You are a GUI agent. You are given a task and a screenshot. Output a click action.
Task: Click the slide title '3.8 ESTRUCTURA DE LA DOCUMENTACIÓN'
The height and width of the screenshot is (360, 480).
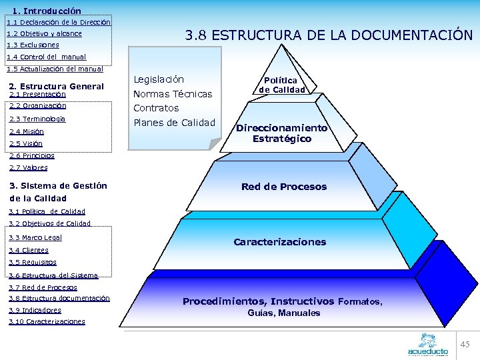click(329, 35)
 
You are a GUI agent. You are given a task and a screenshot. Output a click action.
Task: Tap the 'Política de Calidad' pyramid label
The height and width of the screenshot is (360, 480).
click(282, 85)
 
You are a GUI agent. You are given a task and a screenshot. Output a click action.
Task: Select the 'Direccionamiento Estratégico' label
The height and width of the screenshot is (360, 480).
click(281, 133)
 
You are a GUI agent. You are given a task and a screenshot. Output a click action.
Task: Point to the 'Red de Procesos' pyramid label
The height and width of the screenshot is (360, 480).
click(284, 187)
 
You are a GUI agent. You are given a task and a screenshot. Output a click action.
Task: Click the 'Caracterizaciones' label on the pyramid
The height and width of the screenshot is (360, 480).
click(280, 242)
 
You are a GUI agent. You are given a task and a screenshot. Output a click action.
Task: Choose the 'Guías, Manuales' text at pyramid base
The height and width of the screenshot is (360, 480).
click(284, 313)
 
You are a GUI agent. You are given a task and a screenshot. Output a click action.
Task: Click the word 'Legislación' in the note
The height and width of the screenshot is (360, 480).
click(159, 79)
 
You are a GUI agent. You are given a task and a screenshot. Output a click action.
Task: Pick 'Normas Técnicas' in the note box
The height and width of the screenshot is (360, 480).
click(173, 94)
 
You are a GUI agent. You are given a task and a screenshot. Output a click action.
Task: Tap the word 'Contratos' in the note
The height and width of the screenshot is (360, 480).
click(156, 108)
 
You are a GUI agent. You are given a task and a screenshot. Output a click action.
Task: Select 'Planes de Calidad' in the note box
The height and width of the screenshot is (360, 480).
click(175, 123)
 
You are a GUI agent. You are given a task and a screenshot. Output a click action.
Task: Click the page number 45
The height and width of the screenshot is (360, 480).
click(465, 344)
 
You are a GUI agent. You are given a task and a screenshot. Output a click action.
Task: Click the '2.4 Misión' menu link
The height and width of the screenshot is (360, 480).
click(27, 131)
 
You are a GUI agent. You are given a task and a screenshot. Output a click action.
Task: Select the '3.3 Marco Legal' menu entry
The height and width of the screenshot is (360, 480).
click(35, 237)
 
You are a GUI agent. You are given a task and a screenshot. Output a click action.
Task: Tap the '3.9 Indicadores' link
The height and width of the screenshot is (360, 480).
click(35, 310)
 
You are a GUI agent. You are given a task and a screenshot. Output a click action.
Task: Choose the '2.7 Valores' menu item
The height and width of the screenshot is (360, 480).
click(29, 168)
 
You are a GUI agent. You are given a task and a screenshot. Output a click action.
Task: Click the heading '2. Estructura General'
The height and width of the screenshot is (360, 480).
click(56, 86)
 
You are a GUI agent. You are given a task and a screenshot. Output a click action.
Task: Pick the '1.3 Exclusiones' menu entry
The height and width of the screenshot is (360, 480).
click(33, 45)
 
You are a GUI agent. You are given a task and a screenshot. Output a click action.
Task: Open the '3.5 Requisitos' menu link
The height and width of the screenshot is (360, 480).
click(33, 263)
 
